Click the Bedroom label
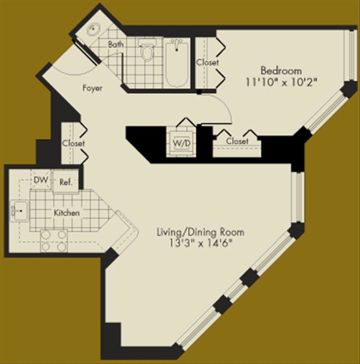pyautogui.click(x=281, y=71)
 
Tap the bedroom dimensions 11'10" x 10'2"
pyautogui.click(x=281, y=82)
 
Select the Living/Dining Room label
pyautogui.click(x=200, y=232)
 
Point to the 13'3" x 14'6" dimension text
pyautogui.click(x=200, y=243)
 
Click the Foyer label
pyautogui.click(x=92, y=88)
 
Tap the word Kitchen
pyautogui.click(x=67, y=213)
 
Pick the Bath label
pyautogui.click(x=116, y=44)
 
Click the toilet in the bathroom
pyautogui.click(x=147, y=50)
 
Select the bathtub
pyautogui.click(x=177, y=64)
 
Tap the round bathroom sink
pyautogui.click(x=94, y=30)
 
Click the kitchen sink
pyautogui.click(x=20, y=211)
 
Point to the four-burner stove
pyautogui.click(x=54, y=240)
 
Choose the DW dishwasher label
pyautogui.click(x=41, y=180)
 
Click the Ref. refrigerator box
pyautogui.click(x=66, y=182)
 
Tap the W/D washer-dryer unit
pyautogui.click(x=181, y=143)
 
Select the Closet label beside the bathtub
pyautogui.click(x=207, y=62)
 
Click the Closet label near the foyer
pyautogui.click(x=73, y=143)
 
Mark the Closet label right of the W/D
pyautogui.click(x=237, y=141)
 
